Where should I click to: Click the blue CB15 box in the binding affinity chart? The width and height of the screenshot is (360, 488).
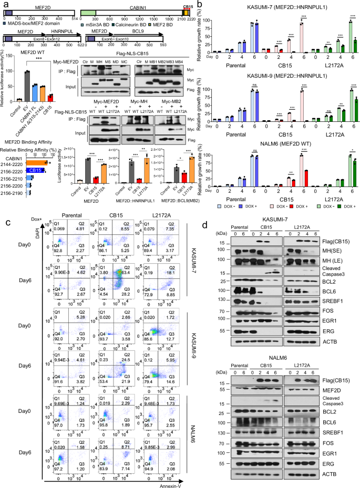[36, 171]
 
